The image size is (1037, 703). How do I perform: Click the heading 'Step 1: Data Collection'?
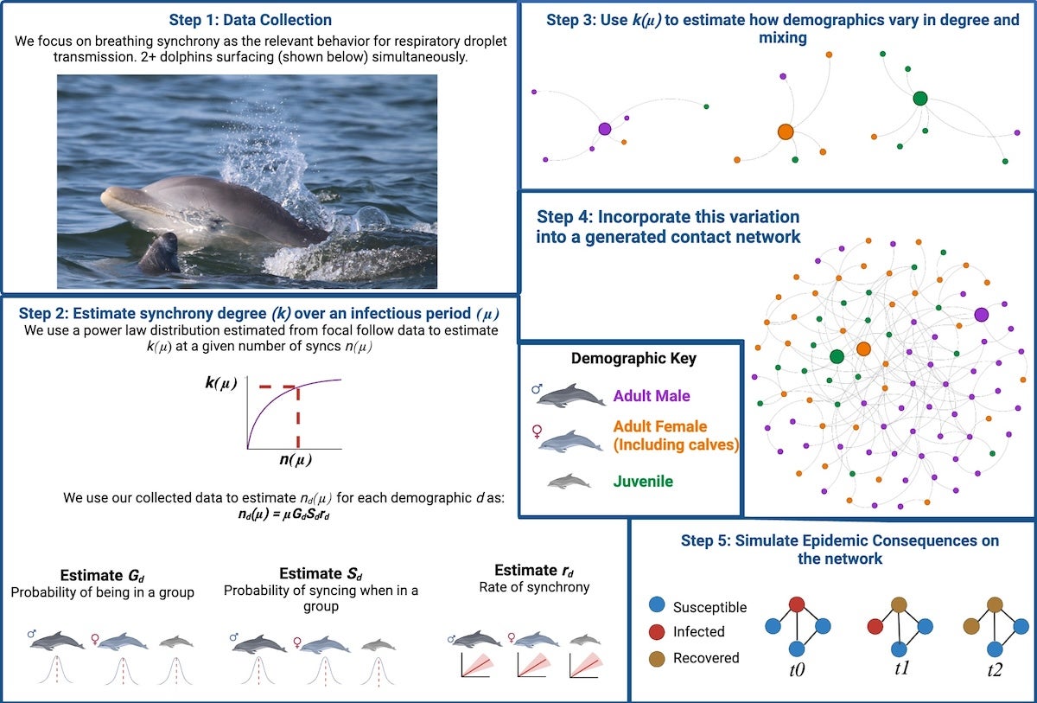coord(251,19)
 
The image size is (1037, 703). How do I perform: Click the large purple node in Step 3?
coord(604,129)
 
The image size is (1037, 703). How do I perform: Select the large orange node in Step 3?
coord(785,131)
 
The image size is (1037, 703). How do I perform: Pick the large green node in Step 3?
coord(920,99)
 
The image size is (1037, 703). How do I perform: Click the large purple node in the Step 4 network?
coord(981,315)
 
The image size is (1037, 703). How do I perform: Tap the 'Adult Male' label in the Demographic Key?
coord(652,396)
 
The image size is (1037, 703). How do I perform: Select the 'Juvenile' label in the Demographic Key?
coord(642,481)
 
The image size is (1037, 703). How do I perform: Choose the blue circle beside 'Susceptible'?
coord(657,607)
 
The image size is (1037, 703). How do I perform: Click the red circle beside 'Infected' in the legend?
coord(657,632)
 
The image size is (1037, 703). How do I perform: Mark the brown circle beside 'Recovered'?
coord(657,658)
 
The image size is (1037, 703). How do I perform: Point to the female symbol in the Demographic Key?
coord(541,426)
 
